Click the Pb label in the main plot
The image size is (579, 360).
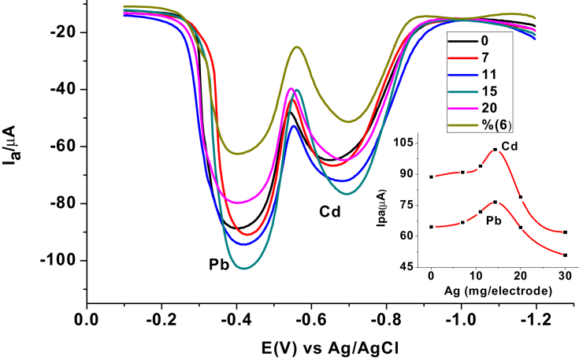(219, 264)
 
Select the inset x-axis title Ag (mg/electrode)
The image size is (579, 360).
(499, 291)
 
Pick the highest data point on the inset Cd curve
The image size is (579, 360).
(495, 150)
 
